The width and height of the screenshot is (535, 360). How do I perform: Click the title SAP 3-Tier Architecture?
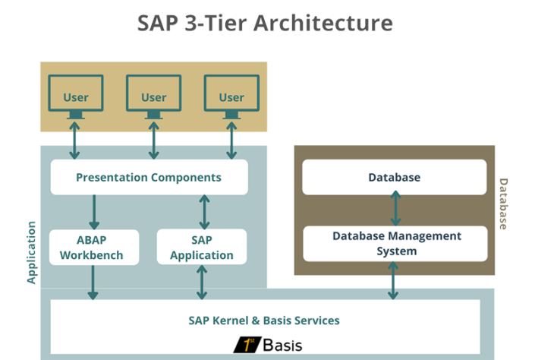coord(265,23)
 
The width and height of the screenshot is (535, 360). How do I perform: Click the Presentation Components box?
coord(149,178)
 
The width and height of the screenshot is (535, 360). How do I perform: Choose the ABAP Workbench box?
coord(95,247)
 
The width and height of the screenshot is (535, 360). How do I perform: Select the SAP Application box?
coord(201,247)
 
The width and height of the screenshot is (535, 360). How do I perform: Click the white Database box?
coord(394,177)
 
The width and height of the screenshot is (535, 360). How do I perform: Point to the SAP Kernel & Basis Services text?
coord(264,321)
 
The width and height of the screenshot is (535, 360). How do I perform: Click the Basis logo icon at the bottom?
coord(247,345)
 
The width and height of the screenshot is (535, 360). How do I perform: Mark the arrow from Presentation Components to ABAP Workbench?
coord(95,212)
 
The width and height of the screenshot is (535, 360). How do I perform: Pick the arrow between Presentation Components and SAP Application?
coord(203,212)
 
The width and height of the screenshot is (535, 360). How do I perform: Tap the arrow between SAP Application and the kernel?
coord(202,282)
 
